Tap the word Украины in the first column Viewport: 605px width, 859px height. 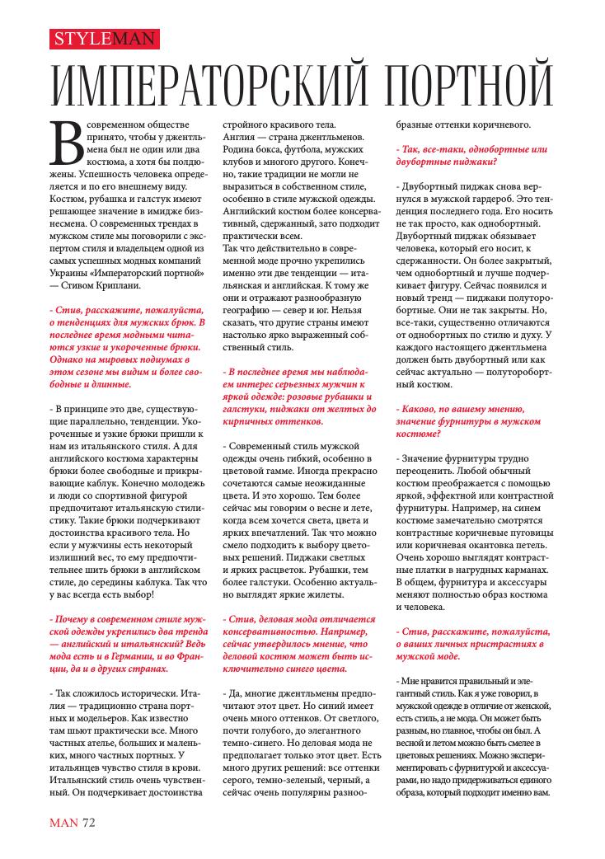coord(70,270)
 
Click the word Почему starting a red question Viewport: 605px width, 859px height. coord(75,617)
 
